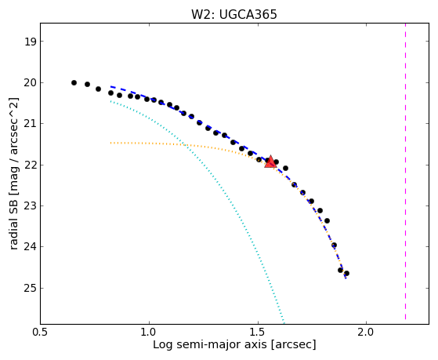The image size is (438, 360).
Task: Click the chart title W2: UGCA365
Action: coord(234,14)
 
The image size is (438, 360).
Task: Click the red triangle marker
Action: coord(270,162)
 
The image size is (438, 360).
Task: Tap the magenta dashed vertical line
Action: coord(405,172)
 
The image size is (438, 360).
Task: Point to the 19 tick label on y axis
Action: coord(31,42)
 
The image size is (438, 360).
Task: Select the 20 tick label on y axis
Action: coord(31,83)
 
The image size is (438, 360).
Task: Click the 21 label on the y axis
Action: coord(31,124)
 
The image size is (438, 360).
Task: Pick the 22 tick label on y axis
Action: coord(31,165)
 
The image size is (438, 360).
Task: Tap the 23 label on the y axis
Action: coord(31,206)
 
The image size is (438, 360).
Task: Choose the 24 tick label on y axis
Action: coord(31,247)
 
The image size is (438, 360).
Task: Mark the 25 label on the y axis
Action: coord(31,288)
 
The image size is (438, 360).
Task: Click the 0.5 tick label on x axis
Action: coord(41,332)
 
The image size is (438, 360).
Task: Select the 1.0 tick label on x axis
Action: coord(149,332)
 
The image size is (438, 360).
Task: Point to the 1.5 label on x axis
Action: coord(258,332)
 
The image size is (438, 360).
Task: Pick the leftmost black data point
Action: coord(74,83)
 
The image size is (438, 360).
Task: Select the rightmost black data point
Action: coord(346,273)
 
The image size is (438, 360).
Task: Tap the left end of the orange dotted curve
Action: coord(111,143)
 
